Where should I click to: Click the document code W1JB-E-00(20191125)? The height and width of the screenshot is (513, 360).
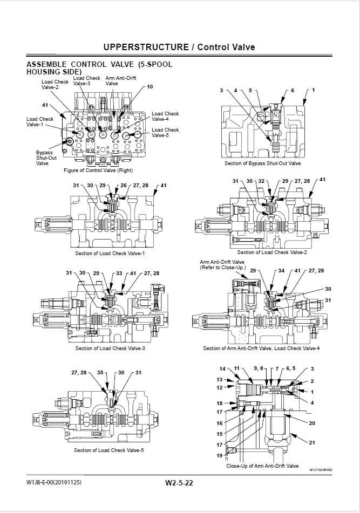click(x=54, y=482)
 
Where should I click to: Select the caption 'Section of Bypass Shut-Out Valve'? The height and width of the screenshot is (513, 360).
click(x=263, y=163)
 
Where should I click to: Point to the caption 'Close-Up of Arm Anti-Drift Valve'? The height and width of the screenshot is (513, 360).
click(x=262, y=466)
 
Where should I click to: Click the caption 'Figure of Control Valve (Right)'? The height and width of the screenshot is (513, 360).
click(x=98, y=170)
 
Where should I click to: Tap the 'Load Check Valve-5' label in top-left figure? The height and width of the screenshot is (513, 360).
click(x=165, y=132)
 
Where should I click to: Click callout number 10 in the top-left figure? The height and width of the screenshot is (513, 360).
click(x=150, y=87)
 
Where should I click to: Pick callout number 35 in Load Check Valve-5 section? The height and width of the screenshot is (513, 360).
click(x=100, y=372)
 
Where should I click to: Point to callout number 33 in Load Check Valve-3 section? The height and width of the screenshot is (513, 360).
click(x=119, y=273)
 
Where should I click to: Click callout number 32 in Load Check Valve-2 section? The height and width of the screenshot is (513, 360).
click(x=261, y=181)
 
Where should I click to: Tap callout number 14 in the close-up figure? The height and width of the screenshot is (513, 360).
click(x=222, y=369)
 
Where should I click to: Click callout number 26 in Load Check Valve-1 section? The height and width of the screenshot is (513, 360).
click(x=124, y=186)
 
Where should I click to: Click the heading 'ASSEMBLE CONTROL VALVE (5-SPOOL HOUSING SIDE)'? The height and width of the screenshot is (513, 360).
click(x=99, y=68)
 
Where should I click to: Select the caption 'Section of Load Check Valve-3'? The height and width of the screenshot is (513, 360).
click(x=110, y=348)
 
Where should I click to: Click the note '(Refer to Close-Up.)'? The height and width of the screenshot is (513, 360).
click(x=223, y=268)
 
